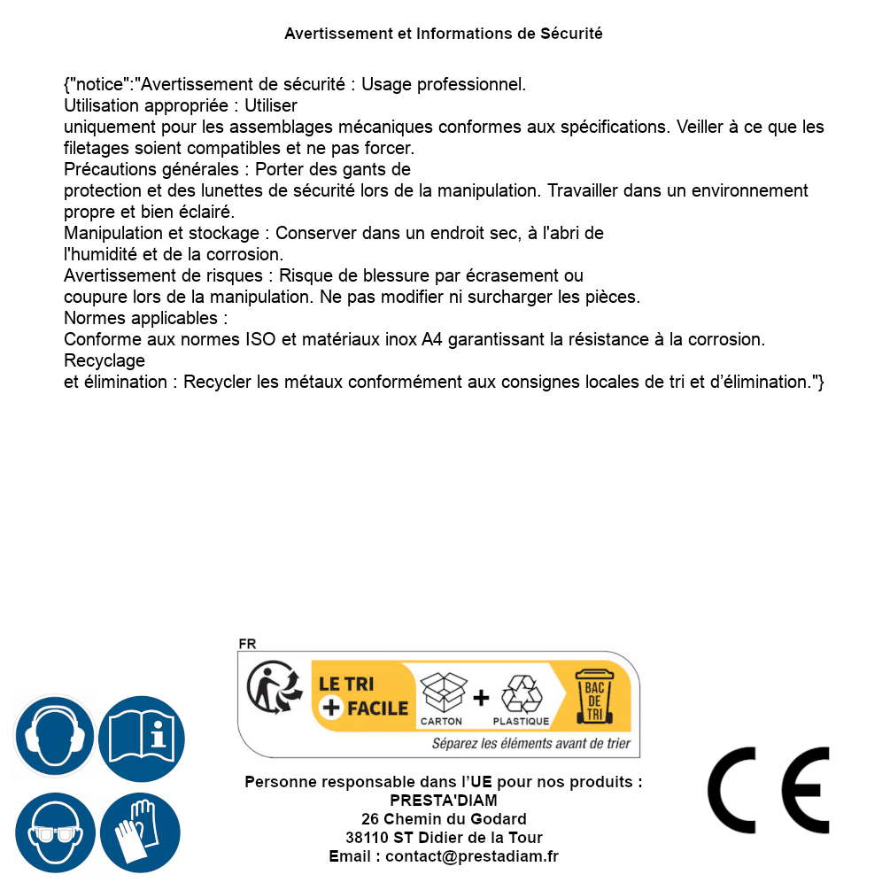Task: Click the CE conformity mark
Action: tap(768, 790)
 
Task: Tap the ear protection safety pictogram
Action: tap(54, 736)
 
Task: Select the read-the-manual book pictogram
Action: tap(141, 736)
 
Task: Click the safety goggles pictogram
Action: tap(54, 832)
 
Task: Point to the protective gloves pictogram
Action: tap(141, 832)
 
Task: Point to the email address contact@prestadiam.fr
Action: tap(472, 856)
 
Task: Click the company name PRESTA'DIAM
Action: tap(444, 801)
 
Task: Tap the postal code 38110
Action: tap(367, 838)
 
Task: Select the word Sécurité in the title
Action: tap(571, 34)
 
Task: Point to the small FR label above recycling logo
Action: tap(247, 645)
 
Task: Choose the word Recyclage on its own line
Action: tap(104, 360)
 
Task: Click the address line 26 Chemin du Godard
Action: tap(444, 819)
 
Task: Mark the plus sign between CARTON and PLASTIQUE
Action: tap(481, 698)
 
